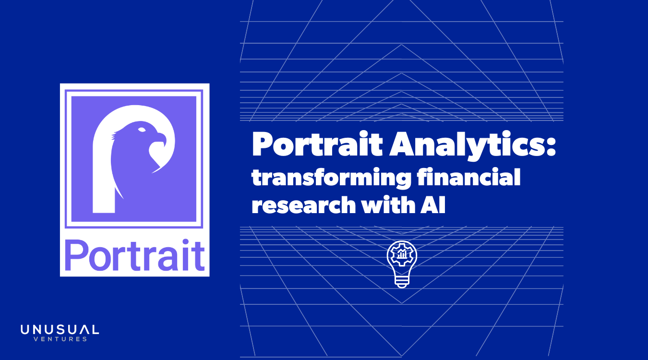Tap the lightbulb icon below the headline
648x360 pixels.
(x=402, y=264)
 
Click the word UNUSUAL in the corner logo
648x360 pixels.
(x=60, y=330)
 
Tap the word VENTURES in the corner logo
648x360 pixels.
(x=60, y=339)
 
